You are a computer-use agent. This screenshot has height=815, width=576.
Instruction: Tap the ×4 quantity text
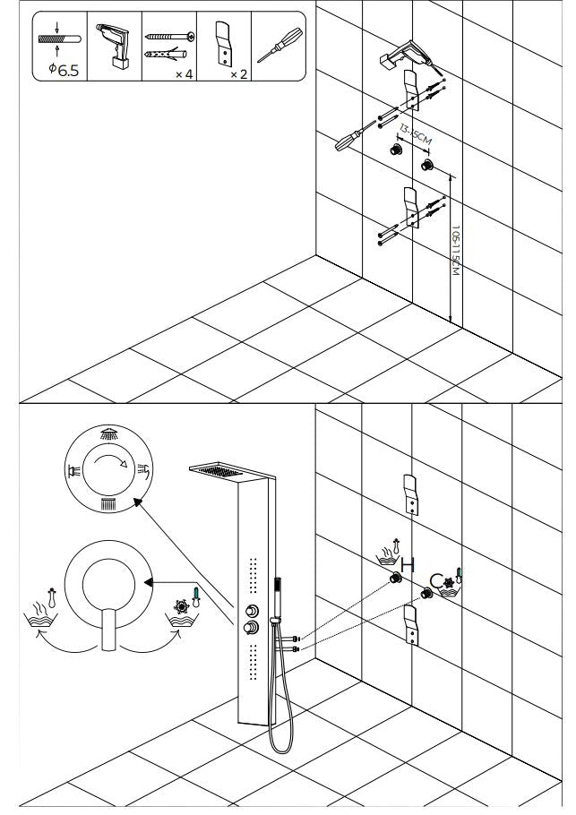[184, 73]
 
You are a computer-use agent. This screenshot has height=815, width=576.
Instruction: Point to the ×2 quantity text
[238, 73]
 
